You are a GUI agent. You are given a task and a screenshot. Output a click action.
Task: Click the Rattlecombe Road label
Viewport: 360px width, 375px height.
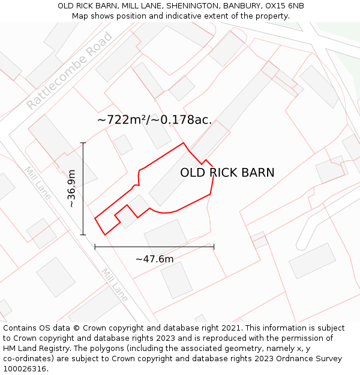tap(70, 71)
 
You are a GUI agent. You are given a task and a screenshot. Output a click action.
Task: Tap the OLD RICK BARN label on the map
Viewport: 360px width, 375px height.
tap(227, 173)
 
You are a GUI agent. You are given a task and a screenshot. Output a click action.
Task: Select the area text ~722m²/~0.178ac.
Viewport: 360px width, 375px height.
tap(154, 119)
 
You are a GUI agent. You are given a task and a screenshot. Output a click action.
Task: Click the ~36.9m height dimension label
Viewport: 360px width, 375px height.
tap(71, 188)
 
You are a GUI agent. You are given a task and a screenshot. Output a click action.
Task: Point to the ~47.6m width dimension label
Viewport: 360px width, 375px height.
tap(154, 259)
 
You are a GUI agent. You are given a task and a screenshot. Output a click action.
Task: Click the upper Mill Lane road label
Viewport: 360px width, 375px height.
tap(37, 182)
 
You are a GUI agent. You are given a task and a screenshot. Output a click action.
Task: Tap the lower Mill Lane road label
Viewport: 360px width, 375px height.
tap(114, 284)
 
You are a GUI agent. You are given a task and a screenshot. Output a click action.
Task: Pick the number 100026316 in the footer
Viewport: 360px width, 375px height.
tap(25, 368)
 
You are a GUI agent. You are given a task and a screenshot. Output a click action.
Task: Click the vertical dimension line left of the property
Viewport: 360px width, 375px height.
tap(83, 188)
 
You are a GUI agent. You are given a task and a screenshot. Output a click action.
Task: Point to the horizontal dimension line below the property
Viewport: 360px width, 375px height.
tap(154, 246)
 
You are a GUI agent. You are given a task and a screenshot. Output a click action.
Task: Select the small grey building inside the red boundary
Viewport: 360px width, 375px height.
tap(136, 208)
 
